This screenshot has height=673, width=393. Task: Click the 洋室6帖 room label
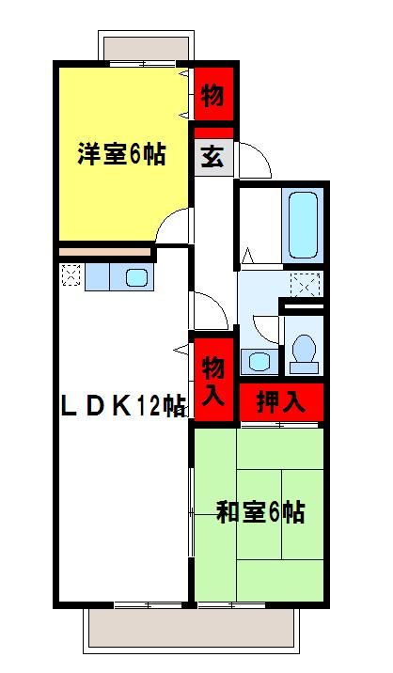(x=121, y=154)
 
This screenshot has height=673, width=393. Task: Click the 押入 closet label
(x=281, y=402)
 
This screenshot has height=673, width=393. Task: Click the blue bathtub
(x=304, y=225)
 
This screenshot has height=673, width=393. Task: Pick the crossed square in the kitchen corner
(x=71, y=276)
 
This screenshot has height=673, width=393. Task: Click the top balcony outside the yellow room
(x=148, y=47)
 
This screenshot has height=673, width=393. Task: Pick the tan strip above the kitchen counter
(x=105, y=253)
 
